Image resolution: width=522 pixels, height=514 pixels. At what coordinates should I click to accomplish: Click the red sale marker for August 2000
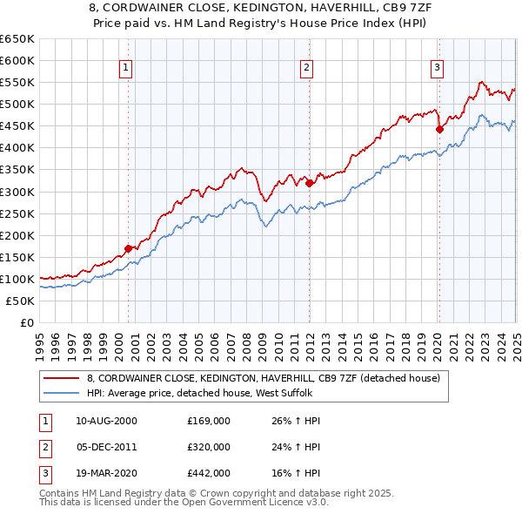click(x=128, y=248)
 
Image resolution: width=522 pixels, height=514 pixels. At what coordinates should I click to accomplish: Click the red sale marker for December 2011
click(x=309, y=183)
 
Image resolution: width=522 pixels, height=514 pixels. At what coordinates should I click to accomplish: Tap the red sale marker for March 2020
click(x=439, y=130)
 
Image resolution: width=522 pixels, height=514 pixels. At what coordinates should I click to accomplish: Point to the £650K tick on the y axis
click(x=17, y=39)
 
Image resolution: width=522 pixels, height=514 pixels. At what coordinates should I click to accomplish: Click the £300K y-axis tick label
click(x=17, y=192)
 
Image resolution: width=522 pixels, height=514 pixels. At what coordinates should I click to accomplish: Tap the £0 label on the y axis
click(x=26, y=322)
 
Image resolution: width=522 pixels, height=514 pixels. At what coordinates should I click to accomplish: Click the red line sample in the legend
click(x=61, y=378)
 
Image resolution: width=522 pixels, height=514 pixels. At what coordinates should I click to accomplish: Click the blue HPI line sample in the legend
click(x=61, y=393)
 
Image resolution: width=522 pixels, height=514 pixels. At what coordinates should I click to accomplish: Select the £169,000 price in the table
click(x=209, y=421)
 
